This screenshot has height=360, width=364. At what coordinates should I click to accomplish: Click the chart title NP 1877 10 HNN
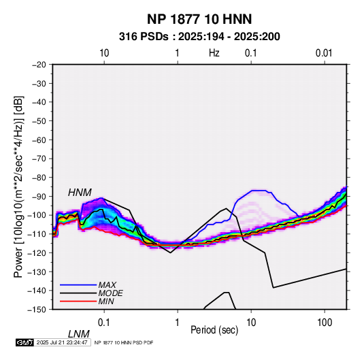199,19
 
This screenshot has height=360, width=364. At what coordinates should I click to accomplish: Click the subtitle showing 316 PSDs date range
199,37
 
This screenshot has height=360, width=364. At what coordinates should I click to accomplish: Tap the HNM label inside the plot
80,193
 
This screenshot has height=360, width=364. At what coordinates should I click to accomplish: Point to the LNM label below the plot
79,334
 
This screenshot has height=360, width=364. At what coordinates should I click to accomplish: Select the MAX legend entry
107,284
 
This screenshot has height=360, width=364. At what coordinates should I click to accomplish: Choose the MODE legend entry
110,293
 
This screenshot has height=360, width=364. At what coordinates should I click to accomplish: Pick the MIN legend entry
106,301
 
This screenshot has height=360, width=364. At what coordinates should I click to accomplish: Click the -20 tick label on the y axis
39,65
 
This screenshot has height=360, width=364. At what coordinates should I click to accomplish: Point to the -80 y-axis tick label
39,178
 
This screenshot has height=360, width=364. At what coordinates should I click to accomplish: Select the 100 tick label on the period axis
325,323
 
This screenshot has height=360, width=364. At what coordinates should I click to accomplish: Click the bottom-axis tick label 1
178,323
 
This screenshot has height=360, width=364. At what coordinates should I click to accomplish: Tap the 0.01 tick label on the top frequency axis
324,53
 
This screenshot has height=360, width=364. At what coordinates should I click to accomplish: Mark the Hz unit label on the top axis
214,53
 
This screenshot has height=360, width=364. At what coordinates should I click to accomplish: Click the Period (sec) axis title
214,330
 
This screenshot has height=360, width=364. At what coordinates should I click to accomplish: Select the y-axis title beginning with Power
19,186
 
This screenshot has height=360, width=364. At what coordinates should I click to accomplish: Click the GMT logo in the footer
24,342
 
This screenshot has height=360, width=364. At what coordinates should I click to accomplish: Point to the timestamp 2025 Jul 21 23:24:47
62,342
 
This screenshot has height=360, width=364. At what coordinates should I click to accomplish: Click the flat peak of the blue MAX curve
259,191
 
